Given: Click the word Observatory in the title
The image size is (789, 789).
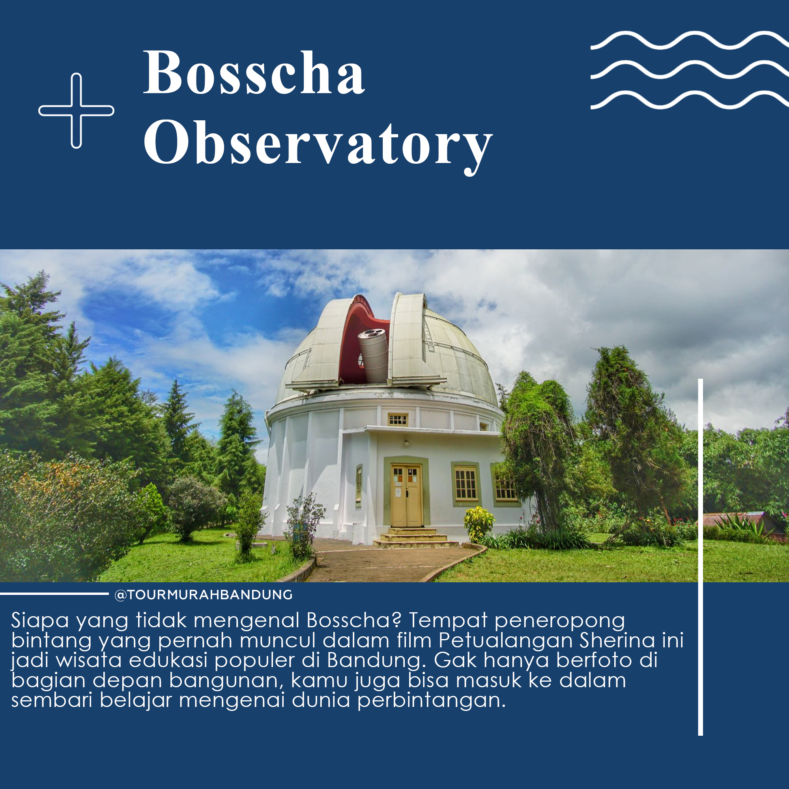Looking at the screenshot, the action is coord(318,144).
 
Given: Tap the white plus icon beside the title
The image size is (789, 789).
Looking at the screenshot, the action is coord(77,110).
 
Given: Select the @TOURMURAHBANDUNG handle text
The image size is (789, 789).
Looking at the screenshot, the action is coord(204,595).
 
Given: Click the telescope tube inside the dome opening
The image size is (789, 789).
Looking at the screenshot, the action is coord(373,355).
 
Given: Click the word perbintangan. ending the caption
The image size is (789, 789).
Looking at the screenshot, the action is coord(432,701).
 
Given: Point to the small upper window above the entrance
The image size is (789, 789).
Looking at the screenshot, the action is coord(398,419).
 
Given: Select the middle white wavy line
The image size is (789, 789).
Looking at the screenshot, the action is coord(689,69).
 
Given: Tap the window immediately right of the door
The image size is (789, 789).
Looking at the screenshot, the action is coord(466,484).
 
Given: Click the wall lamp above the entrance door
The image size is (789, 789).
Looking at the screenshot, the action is coord(406,442).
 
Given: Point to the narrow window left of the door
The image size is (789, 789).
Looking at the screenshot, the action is coord(359,485).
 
